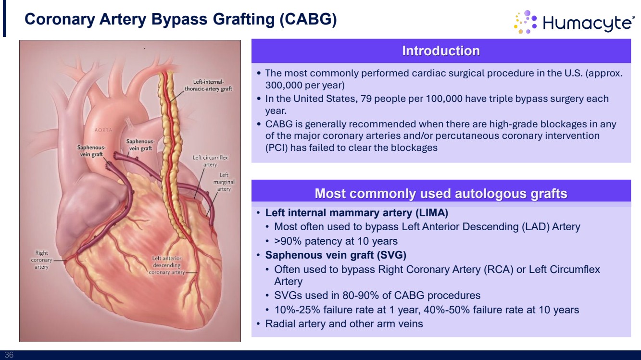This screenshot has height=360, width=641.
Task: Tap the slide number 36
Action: click(x=9, y=355)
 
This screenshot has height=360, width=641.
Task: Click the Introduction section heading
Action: click(x=441, y=51)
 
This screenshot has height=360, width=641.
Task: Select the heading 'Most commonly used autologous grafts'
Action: click(x=441, y=194)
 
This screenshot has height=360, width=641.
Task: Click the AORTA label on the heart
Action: click(x=103, y=130)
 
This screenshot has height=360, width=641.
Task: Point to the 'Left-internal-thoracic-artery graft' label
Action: click(x=208, y=85)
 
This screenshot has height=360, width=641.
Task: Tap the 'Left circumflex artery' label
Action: click(x=210, y=161)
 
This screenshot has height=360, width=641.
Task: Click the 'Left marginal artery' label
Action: click(x=224, y=182)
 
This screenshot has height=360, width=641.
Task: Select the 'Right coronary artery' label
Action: click(x=41, y=260)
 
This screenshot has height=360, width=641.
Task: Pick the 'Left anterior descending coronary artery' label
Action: click(x=167, y=265)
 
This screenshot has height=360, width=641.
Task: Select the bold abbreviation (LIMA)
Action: click(x=432, y=213)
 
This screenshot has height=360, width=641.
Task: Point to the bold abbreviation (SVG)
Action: click(x=391, y=255)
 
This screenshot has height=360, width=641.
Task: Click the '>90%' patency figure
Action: click(x=288, y=241)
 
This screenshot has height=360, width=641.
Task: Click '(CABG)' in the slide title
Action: click(x=308, y=19)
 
